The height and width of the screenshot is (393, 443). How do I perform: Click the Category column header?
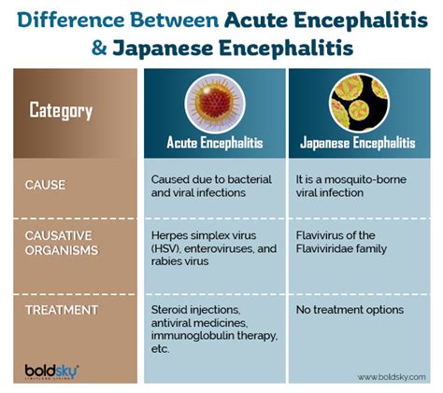[61, 110]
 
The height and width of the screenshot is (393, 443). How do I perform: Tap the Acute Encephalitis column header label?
[215, 143]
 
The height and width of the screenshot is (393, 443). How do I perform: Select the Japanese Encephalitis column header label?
[358, 143]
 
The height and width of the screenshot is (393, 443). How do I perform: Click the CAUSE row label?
[45, 185]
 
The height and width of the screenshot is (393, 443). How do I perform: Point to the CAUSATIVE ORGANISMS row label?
[62, 243]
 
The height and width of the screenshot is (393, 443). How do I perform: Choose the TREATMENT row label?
[62, 310]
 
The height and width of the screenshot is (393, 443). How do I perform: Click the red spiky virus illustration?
[215, 104]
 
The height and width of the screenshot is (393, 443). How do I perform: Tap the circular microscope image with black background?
[359, 103]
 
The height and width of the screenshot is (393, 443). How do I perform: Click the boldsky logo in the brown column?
[51, 372]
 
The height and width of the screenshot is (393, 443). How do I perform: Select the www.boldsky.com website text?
[392, 377]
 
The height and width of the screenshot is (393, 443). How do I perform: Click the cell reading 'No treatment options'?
[350, 310]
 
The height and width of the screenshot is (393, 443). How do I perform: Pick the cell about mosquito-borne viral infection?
[351, 186]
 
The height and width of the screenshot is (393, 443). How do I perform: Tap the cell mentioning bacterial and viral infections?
[211, 186]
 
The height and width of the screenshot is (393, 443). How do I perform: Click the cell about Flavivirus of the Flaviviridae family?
[341, 242]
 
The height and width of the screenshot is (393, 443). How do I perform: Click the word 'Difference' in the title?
[71, 21]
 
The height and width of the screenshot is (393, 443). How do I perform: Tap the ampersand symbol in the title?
[99, 49]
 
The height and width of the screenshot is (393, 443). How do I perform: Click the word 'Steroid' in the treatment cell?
[169, 310]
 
